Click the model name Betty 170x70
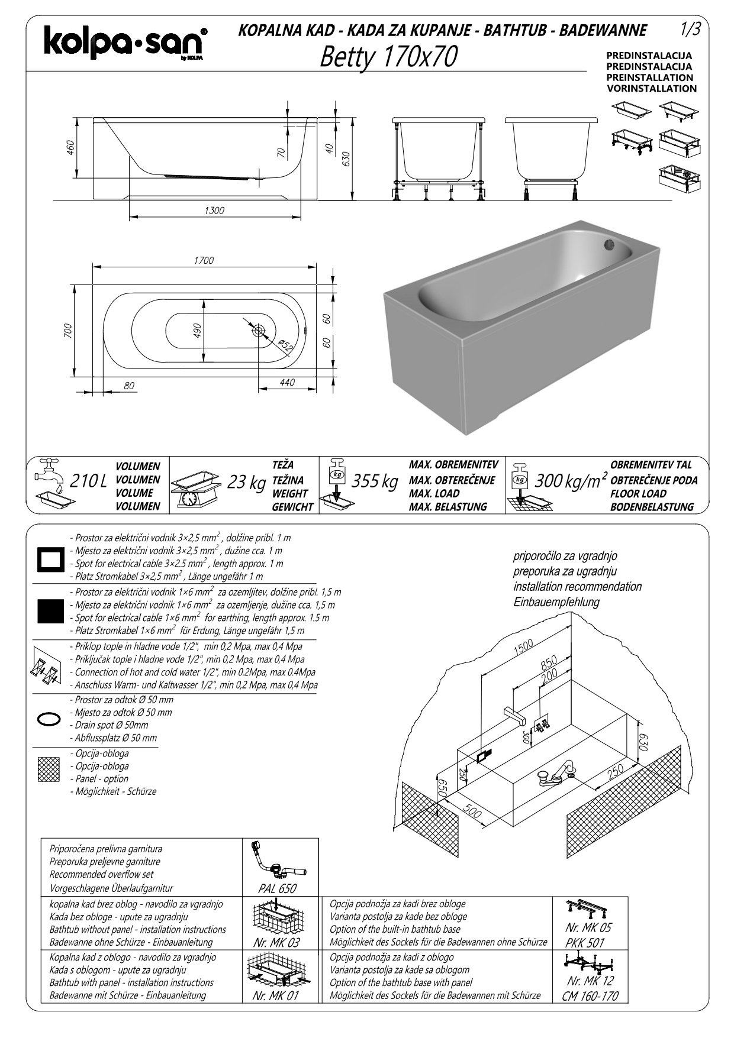coord(388,57)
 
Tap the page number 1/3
coord(690,29)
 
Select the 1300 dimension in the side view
coord(214,211)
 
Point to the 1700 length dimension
coord(204,260)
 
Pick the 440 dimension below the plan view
coord(287,383)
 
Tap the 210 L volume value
coord(89,481)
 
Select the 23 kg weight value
coord(246,483)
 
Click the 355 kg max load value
coord(375,481)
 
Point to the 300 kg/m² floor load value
coord(571,481)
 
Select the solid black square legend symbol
coord(50,610)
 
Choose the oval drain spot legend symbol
coord(49,719)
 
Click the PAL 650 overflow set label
coord(277,889)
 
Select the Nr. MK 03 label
coord(276,943)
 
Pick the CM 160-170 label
coord(590,996)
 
